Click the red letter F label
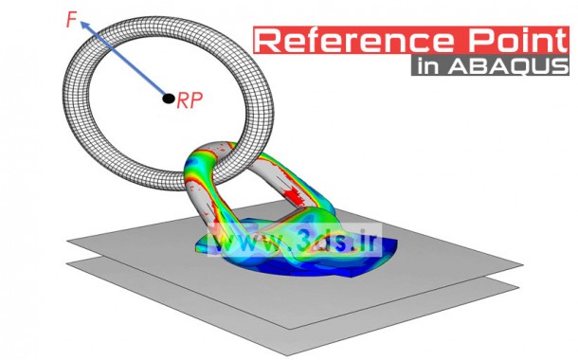click(x=71, y=19)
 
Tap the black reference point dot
click(x=168, y=98)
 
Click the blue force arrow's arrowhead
click(x=83, y=28)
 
